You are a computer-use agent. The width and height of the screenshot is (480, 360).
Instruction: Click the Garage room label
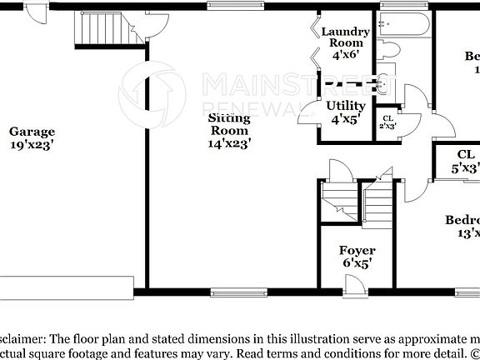32,131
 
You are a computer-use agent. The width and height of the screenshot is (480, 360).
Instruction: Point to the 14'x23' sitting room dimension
229,143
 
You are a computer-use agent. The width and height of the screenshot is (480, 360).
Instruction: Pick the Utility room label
345,106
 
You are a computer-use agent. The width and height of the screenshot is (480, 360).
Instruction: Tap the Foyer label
357,250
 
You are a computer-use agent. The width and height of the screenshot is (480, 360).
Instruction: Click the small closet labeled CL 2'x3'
387,122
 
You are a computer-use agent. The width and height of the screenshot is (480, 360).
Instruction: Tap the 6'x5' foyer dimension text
357,263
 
